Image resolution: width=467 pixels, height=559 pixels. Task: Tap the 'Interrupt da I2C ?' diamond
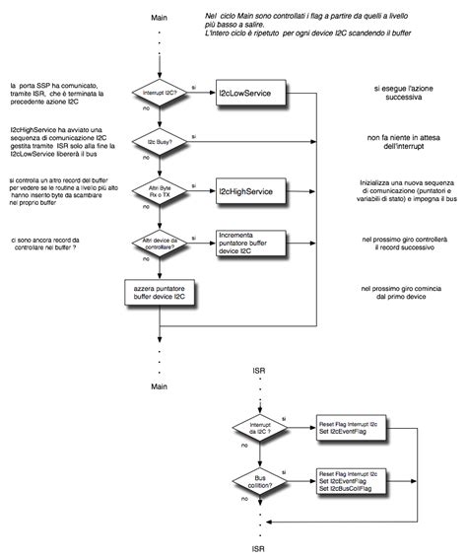point(257,426)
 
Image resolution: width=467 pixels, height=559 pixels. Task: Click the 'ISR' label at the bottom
point(257,547)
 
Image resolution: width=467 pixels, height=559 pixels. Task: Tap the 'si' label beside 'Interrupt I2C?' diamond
point(194,88)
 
